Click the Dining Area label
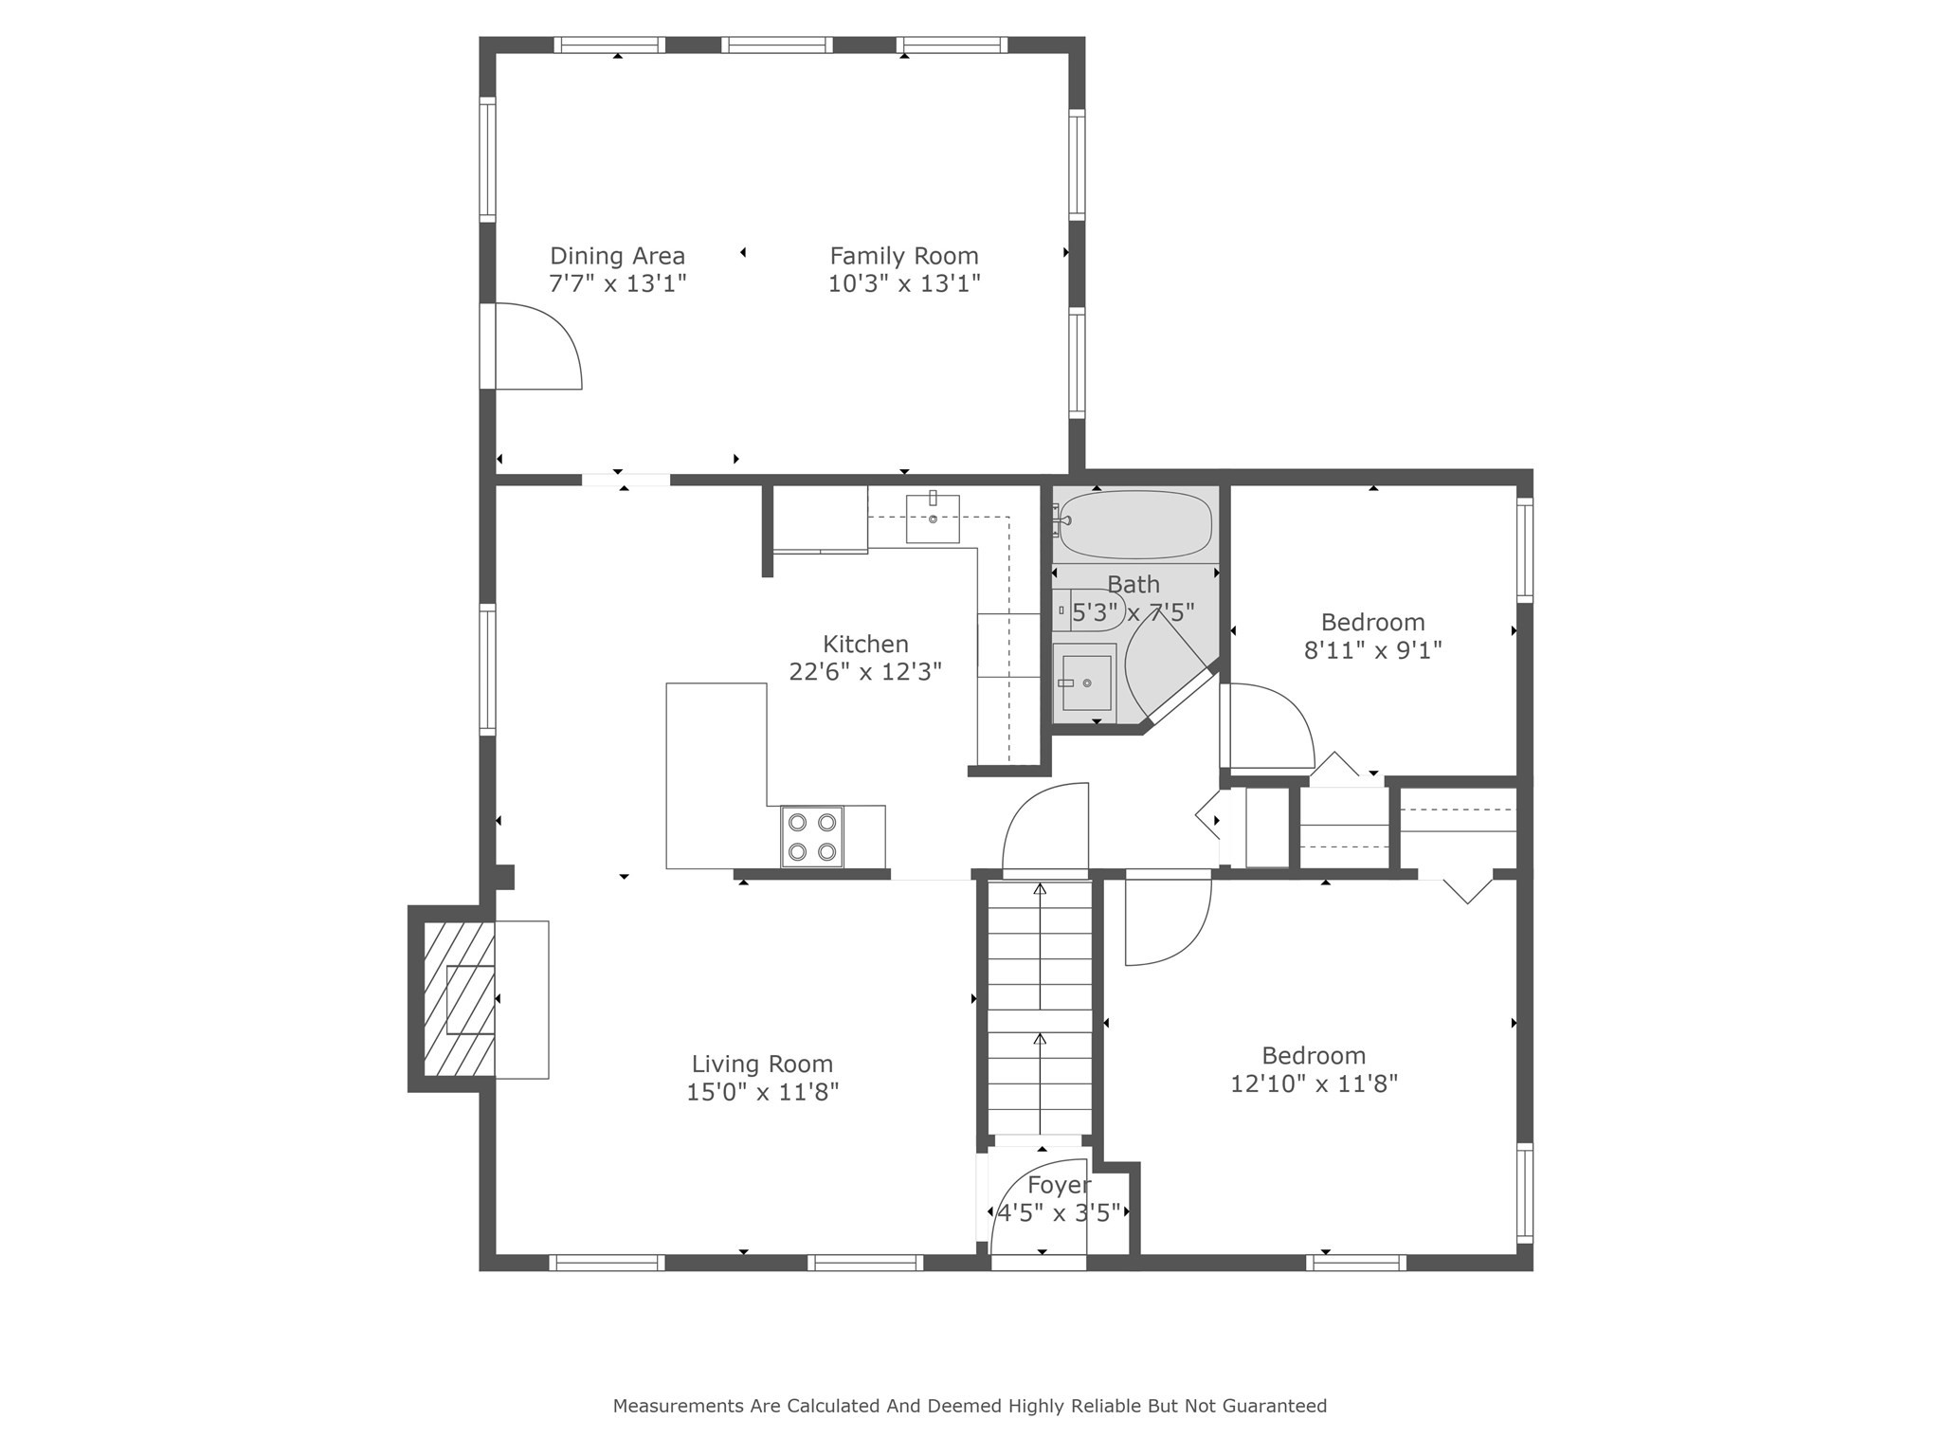(617, 256)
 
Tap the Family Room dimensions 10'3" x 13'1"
(903, 283)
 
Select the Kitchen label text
(864, 645)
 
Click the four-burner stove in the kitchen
(812, 836)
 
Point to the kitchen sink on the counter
(933, 519)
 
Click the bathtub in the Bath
(1134, 524)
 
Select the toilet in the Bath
(1090, 610)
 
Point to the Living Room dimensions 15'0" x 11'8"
(762, 1092)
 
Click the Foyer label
(1059, 1185)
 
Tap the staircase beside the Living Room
(1040, 1005)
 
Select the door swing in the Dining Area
(535, 347)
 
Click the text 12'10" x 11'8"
(1314, 1083)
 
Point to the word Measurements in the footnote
(678, 1406)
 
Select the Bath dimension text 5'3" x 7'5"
(1133, 613)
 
